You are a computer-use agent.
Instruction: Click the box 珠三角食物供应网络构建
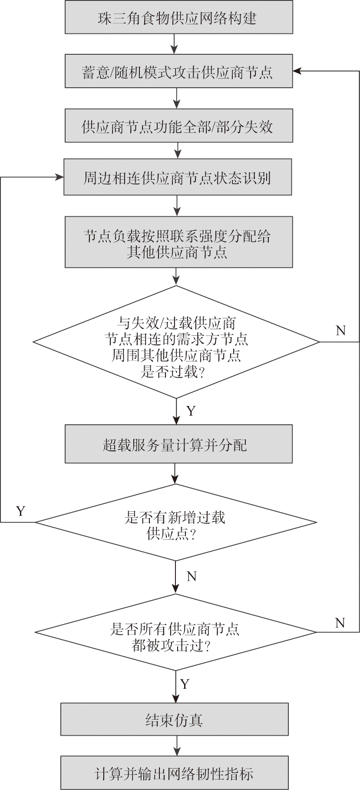tap(178, 17)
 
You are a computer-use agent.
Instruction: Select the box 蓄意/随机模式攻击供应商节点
tap(178, 71)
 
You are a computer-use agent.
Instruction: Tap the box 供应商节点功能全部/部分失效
tap(178, 126)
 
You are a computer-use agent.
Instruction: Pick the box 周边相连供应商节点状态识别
tap(178, 177)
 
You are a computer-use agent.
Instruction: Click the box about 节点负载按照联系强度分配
tap(178, 242)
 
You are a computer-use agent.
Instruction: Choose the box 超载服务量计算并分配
tap(178, 444)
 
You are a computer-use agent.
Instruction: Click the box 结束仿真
tap(174, 720)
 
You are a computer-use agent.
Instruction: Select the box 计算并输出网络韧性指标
tap(174, 773)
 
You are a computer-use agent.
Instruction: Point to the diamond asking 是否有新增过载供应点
tap(175, 523)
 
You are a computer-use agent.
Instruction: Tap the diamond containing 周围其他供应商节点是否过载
tap(176, 342)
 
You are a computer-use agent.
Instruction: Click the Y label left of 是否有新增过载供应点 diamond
tap(20, 511)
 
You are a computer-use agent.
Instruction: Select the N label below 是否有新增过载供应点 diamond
tap(192, 576)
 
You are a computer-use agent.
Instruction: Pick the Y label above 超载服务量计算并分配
tap(191, 411)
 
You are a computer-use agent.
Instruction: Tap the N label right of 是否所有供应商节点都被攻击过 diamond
tap(340, 623)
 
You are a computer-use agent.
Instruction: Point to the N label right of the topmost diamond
tap(341, 331)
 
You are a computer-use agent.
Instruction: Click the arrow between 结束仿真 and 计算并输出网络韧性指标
tap(176, 746)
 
